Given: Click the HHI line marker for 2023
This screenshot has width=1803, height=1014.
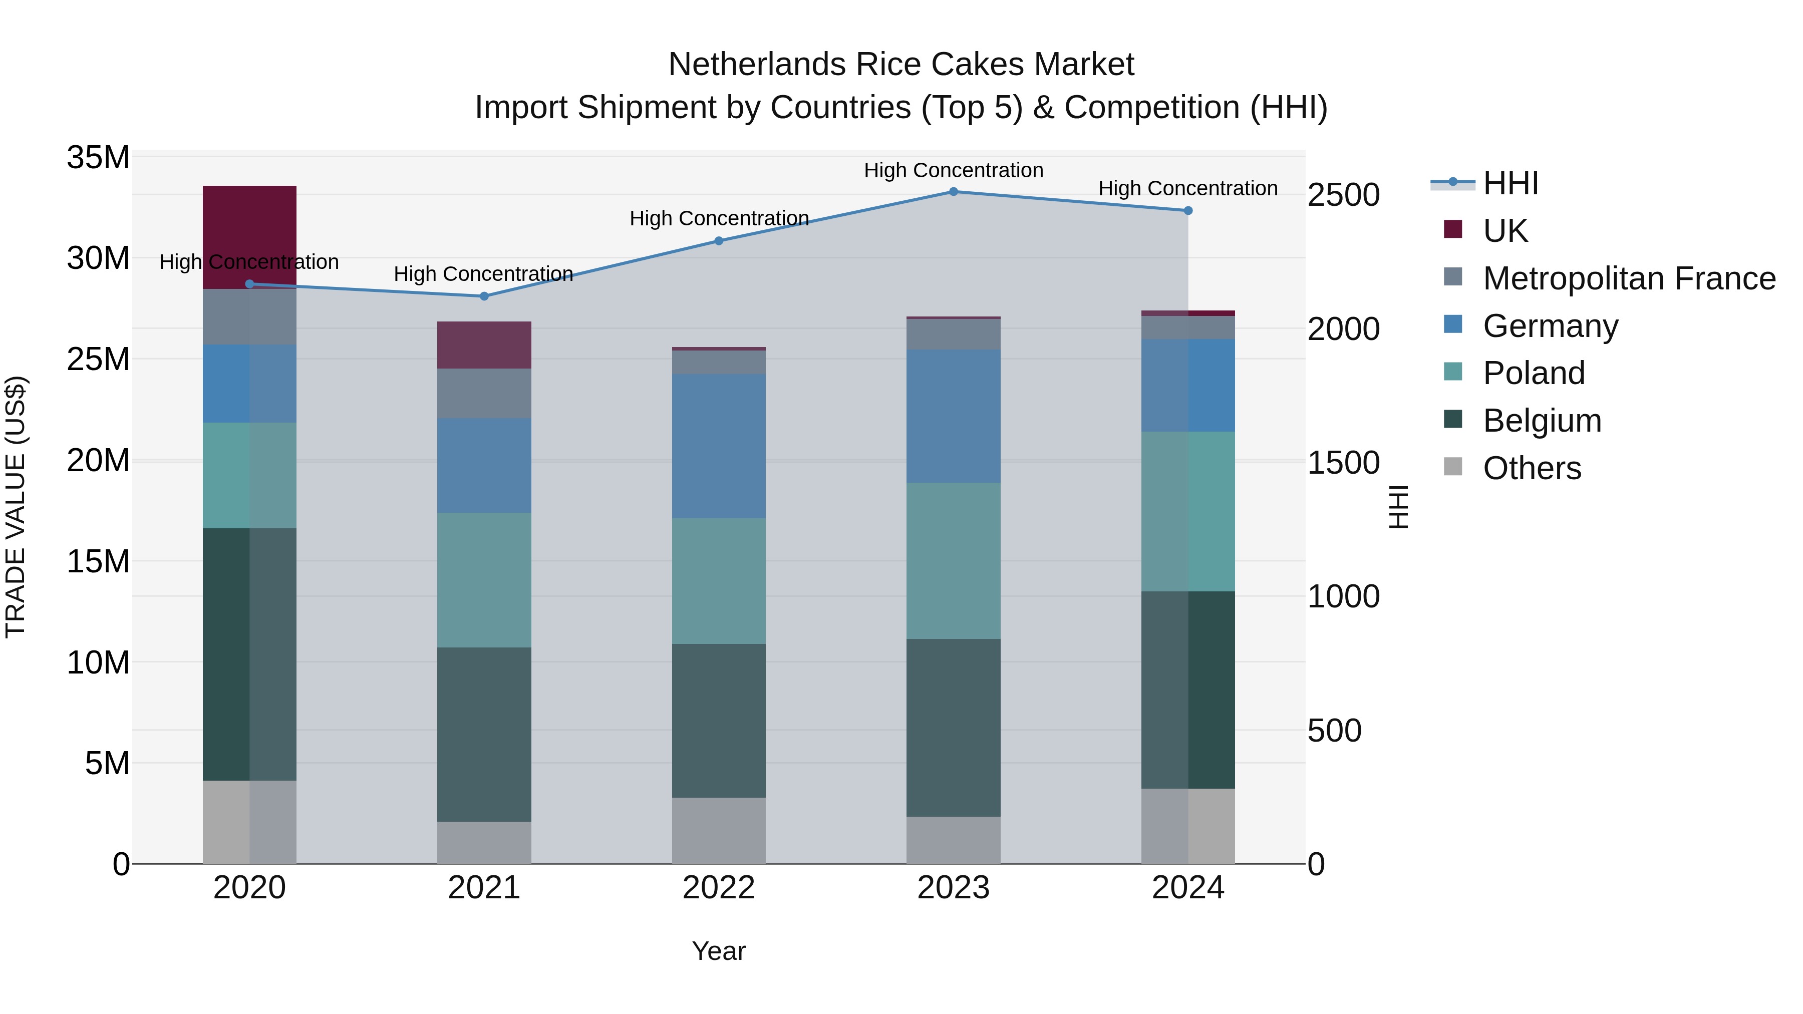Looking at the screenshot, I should coord(953,191).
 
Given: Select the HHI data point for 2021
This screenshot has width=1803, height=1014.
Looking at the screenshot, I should coord(484,296).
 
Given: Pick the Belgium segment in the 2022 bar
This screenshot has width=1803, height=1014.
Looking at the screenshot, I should coord(719,720).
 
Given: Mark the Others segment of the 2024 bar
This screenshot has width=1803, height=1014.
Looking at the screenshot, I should coord(1188,826).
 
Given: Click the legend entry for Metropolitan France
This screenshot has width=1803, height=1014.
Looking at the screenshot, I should coord(1629,278).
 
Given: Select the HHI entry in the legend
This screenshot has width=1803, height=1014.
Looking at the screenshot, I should coord(1511,183).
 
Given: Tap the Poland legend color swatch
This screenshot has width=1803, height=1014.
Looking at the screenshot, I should coord(1453,372).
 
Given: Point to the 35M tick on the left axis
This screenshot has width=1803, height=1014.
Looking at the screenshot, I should coord(98,157).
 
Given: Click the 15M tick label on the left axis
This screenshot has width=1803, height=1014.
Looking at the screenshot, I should coord(98,561).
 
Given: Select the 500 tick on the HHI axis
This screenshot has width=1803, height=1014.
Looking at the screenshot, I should coord(1334,730).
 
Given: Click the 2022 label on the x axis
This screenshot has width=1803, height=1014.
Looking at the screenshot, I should coord(719,888).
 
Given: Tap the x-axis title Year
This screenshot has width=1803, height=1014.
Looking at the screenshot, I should coord(719,951).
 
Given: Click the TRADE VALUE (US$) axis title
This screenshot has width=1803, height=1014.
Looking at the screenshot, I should coord(16,507).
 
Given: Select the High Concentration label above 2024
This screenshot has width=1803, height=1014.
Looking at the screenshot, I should coord(1188,188).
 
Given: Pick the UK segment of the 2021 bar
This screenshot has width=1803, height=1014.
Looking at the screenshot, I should coord(484,345).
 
